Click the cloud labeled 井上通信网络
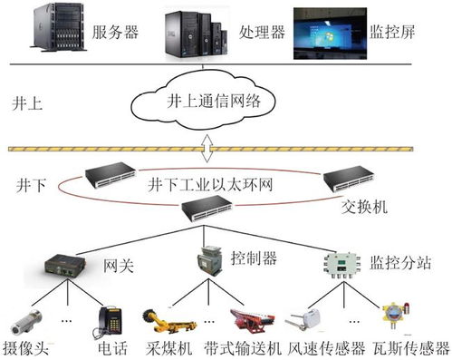tap(207, 102)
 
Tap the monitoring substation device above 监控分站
tap(340, 263)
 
